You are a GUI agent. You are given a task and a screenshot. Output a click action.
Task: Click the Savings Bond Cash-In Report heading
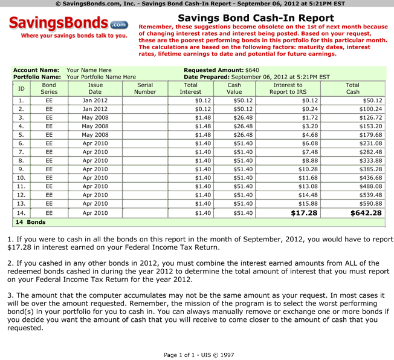[256, 19]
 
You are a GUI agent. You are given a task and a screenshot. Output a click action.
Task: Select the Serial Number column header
[145, 88]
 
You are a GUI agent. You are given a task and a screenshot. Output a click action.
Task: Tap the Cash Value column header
[234, 88]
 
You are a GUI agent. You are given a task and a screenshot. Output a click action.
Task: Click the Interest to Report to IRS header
[286, 88]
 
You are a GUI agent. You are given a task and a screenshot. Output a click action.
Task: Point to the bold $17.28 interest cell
[305, 213]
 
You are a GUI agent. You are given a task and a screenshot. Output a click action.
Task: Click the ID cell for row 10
[21, 178]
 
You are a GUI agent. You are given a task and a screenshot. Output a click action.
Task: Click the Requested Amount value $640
[252, 70]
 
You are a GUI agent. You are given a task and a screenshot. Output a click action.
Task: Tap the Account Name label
[36, 70]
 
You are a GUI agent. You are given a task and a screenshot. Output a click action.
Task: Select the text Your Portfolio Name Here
[101, 77]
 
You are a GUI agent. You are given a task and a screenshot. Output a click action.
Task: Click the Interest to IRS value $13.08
[308, 186]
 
